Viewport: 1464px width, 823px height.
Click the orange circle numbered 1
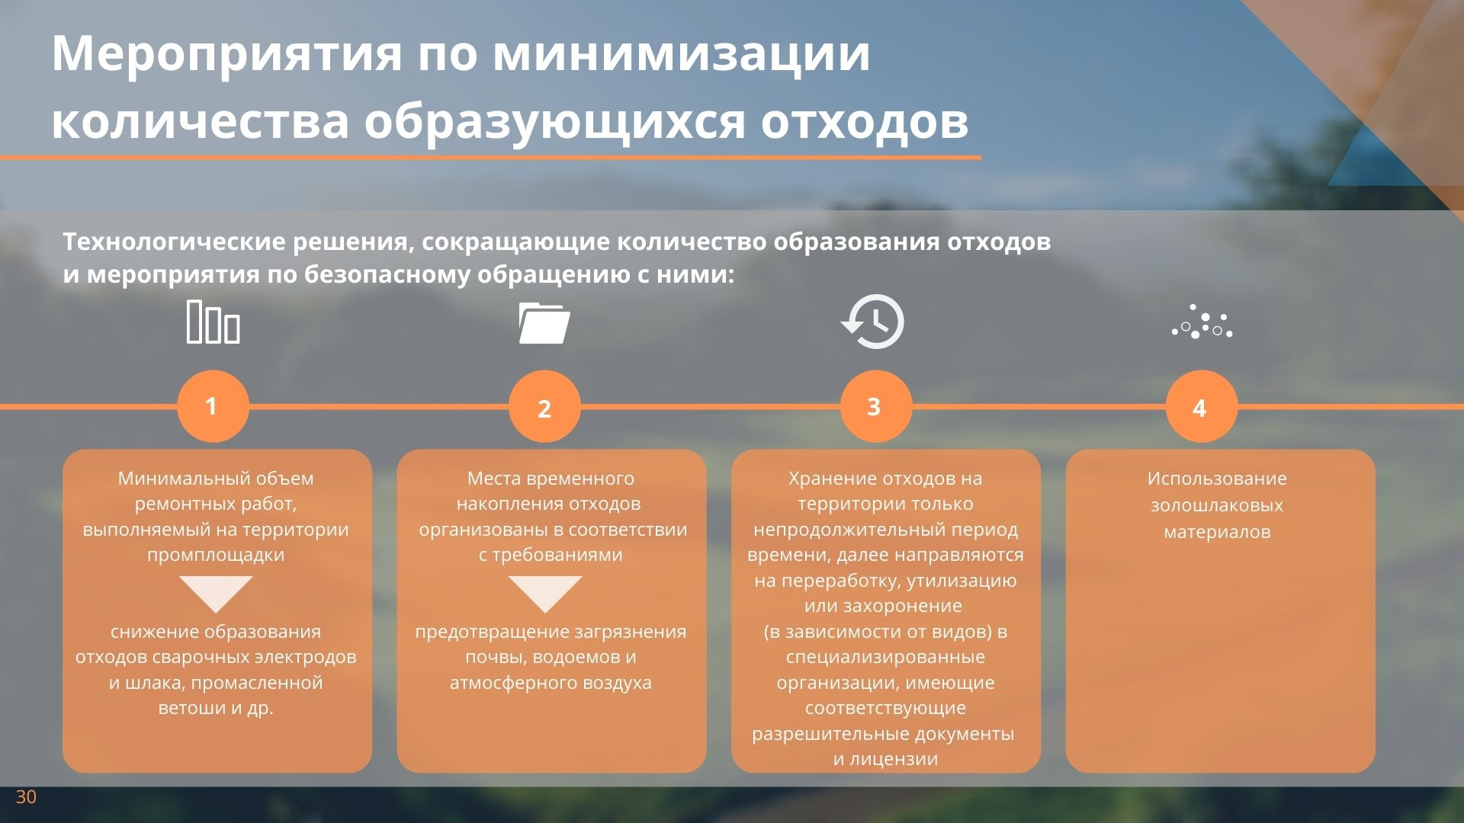(x=213, y=406)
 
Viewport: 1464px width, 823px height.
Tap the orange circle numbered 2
(x=544, y=406)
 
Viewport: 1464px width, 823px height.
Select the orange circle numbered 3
(x=876, y=406)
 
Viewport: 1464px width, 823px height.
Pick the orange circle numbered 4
(x=1201, y=406)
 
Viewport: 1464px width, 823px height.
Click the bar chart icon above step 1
(x=213, y=322)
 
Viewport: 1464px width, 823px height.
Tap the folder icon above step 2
(x=544, y=322)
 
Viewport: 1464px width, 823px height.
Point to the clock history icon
(x=873, y=322)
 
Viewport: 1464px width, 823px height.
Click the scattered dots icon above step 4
(x=1202, y=322)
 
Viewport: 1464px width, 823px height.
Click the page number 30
(x=26, y=797)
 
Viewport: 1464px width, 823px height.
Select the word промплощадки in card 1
(x=216, y=556)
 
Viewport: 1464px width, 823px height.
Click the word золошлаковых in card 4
(x=1217, y=506)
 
